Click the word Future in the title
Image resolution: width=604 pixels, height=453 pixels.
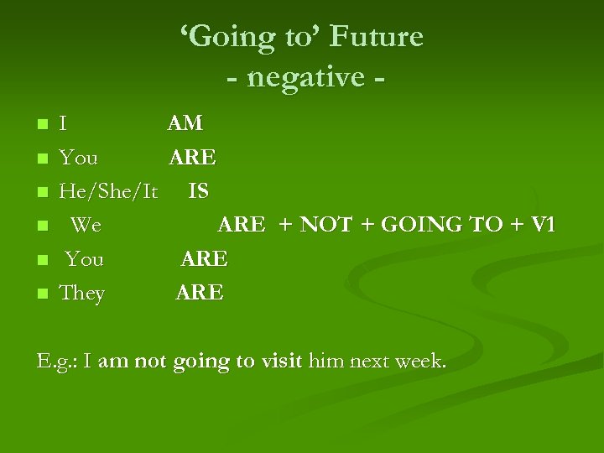pyautogui.click(x=377, y=37)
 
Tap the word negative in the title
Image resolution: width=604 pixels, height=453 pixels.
pyautogui.click(x=305, y=77)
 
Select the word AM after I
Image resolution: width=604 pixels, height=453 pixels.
pyautogui.click(x=185, y=123)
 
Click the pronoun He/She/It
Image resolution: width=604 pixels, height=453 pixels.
pyautogui.click(x=108, y=191)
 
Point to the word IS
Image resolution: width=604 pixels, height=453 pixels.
pyautogui.click(x=199, y=191)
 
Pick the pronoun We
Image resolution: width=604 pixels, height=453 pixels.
pyautogui.click(x=86, y=225)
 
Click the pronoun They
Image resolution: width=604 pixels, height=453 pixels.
pyautogui.click(x=81, y=293)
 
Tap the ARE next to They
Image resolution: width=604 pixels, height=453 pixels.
pyautogui.click(x=200, y=293)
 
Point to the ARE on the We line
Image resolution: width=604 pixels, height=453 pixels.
pyautogui.click(x=242, y=225)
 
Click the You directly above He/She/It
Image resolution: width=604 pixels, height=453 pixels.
pyautogui.click(x=78, y=158)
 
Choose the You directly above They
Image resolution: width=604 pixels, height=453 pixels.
pyautogui.click(x=85, y=259)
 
